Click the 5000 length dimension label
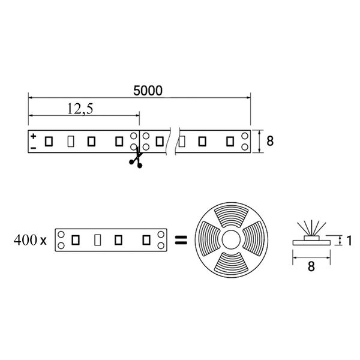pyautogui.click(x=148, y=91)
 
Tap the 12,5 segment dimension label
pyautogui.click(x=80, y=109)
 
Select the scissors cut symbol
pyautogui.click(x=136, y=158)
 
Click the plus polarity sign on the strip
pyautogui.click(x=34, y=136)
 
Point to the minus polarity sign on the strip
pyautogui.click(x=34, y=148)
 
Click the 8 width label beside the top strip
pyautogui.click(x=270, y=141)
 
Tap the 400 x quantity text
pyautogui.click(x=30, y=240)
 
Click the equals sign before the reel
pyautogui.click(x=181, y=240)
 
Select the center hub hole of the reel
pyautogui.click(x=231, y=239)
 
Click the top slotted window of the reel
pyautogui.click(x=232, y=216)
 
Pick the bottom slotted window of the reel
pyautogui.click(x=232, y=263)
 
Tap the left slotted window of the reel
pyautogui.click(x=208, y=239)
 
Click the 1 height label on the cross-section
pyautogui.click(x=349, y=241)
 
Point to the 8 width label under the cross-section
pyautogui.click(x=311, y=266)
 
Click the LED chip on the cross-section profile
pyautogui.click(x=311, y=238)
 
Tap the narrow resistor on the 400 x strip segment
pyautogui.click(x=98, y=240)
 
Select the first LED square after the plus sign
pyautogui.click(x=49, y=142)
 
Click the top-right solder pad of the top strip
pyautogui.click(x=245, y=136)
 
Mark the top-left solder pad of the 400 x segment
pyautogui.click(x=61, y=235)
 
